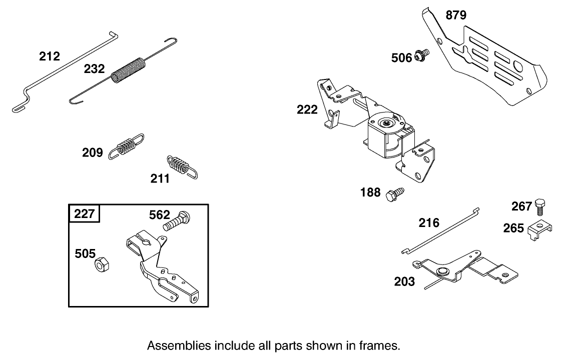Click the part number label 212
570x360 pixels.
50,56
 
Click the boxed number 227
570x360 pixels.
84,214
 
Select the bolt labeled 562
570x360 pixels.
177,220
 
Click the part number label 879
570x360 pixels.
456,15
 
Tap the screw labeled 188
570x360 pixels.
395,193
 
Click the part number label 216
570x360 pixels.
429,222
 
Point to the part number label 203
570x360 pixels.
404,281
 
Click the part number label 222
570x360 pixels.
307,109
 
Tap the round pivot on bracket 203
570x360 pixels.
441,271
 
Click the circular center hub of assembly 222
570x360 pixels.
386,121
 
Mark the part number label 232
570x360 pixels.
94,68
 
